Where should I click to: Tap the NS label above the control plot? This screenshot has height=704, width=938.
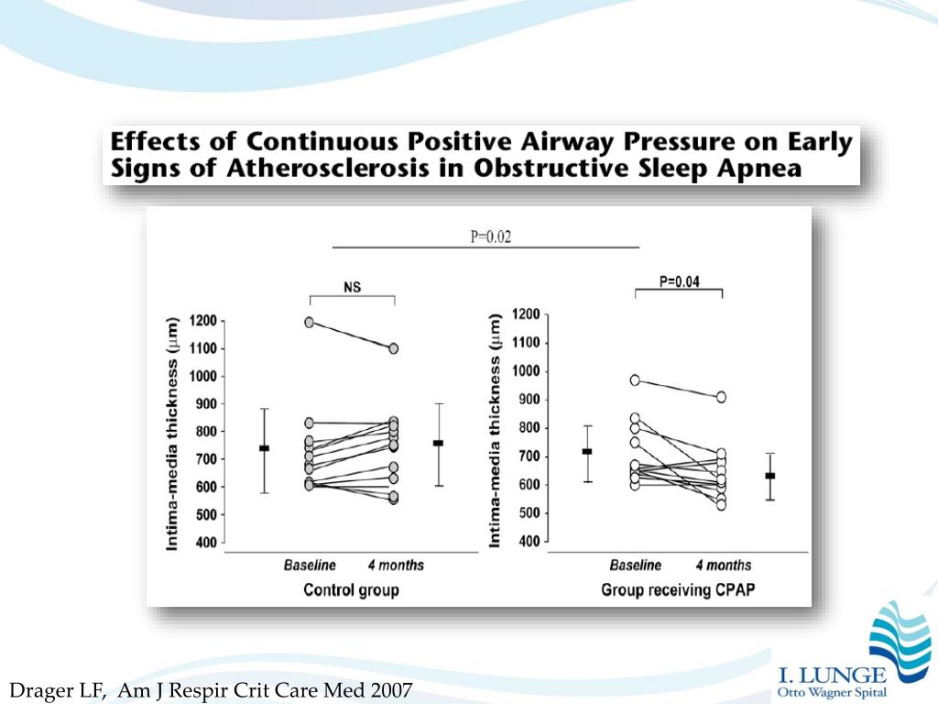point(352,287)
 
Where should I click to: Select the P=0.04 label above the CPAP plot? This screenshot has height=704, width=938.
point(679,281)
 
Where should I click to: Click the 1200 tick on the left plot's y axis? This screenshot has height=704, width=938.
point(202,321)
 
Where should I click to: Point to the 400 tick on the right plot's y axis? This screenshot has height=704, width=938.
point(529,542)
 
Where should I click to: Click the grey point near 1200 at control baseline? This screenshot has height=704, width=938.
point(309,322)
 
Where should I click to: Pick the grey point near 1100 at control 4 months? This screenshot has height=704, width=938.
point(393,348)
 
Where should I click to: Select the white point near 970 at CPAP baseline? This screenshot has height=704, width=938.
point(634,379)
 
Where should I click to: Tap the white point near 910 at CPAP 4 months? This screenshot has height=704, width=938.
point(721,397)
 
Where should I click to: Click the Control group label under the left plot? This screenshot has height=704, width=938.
point(351,590)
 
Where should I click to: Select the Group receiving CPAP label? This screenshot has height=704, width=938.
point(678,590)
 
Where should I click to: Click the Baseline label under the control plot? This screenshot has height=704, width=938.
point(310,566)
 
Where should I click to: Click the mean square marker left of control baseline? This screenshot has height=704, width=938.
point(264,448)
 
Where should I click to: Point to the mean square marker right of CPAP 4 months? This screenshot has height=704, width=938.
point(769,476)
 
